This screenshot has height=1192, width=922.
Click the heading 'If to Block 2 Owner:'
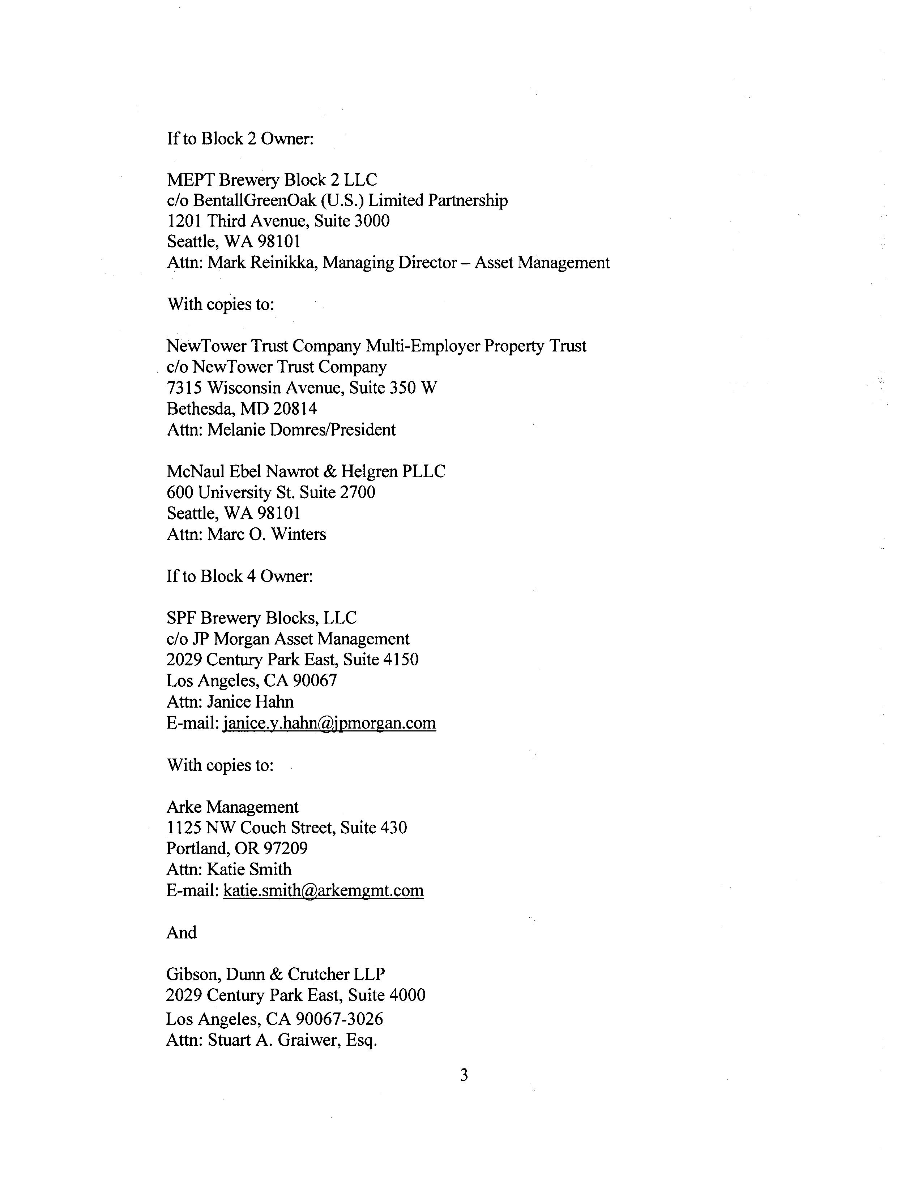click(x=240, y=139)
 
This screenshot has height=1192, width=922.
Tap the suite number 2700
click(x=357, y=492)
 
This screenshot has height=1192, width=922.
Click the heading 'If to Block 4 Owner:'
click(x=240, y=576)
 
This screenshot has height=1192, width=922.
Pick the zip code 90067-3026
click(x=339, y=1019)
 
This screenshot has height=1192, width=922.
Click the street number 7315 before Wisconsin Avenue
click(x=185, y=388)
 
